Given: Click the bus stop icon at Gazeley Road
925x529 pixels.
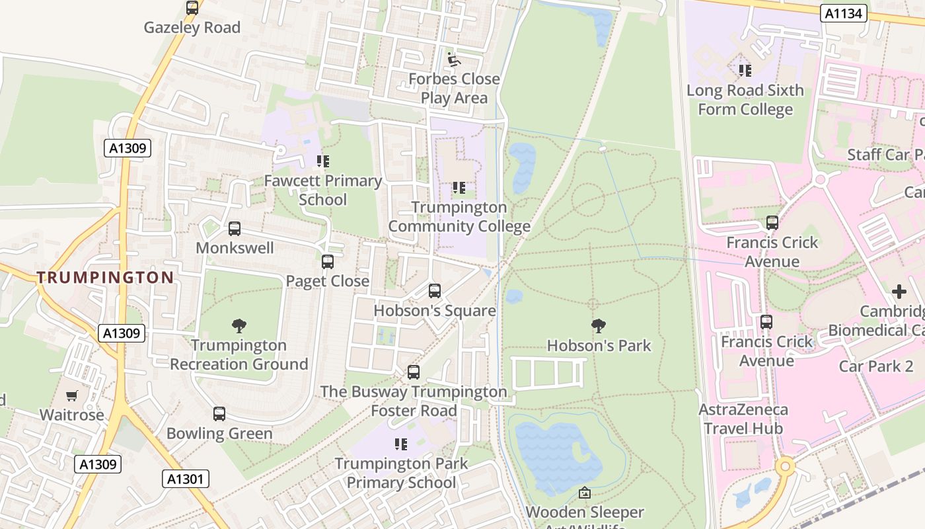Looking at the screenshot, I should point(192,8).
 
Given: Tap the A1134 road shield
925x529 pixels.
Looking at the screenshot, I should point(844,13).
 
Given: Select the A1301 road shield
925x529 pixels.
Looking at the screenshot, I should point(186,479).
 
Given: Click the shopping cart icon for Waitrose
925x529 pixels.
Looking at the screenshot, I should point(72,395).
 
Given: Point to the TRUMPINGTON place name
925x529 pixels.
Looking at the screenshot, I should point(105,278).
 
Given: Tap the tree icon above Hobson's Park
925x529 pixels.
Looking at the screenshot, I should point(599,325).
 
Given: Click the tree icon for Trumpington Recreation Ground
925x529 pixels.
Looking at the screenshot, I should point(239,325).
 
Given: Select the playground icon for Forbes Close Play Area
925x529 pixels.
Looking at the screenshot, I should point(453,60).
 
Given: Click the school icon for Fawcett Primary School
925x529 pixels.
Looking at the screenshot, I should point(323,161).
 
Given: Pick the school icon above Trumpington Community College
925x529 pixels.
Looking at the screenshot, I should point(459,188).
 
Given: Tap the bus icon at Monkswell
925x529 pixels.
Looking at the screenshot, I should point(235,229).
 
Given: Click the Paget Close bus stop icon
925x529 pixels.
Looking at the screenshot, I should point(328,261).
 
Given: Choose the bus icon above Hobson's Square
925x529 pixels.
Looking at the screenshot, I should point(435,291).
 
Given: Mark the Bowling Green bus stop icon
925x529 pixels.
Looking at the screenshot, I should point(219,414).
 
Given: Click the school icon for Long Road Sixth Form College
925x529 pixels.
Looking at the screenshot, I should point(745,70).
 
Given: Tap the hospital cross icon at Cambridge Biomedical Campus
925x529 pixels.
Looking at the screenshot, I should point(899,292).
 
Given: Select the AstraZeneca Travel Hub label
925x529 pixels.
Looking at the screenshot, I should point(743,419).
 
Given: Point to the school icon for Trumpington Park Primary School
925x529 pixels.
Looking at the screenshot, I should point(401,444).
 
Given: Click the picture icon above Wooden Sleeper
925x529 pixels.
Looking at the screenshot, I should point(585,493).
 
